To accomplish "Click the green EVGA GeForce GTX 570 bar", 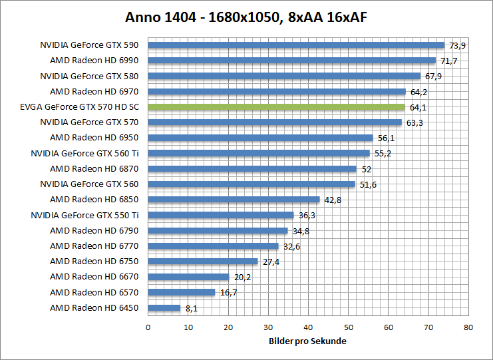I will pyautogui.click(x=276, y=107).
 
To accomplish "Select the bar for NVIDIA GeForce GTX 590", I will pyautogui.click(x=296, y=45).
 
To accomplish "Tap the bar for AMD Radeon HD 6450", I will pyautogui.click(x=164, y=308).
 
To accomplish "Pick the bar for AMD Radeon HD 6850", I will pyautogui.click(x=234, y=200).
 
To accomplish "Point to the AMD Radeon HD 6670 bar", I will pyautogui.click(x=188, y=277).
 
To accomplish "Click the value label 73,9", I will pyautogui.click(x=458, y=45).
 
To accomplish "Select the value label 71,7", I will pyautogui.click(x=449, y=61).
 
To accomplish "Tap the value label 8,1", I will pyautogui.click(x=192, y=308).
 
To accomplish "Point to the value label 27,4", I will pyautogui.click(x=271, y=262).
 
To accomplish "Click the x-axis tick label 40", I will pyautogui.click(x=309, y=327).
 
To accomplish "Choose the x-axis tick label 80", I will pyautogui.click(x=469, y=327).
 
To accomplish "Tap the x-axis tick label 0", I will pyautogui.click(x=148, y=327).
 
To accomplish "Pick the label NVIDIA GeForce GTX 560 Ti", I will pyautogui.click(x=85, y=153).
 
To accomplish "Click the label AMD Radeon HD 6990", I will pyautogui.click(x=94, y=61).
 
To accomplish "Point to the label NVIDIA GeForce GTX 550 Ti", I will pyautogui.click(x=85, y=215).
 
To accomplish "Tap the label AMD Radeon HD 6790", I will pyautogui.click(x=94, y=230).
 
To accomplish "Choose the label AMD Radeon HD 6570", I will pyautogui.click(x=94, y=292).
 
